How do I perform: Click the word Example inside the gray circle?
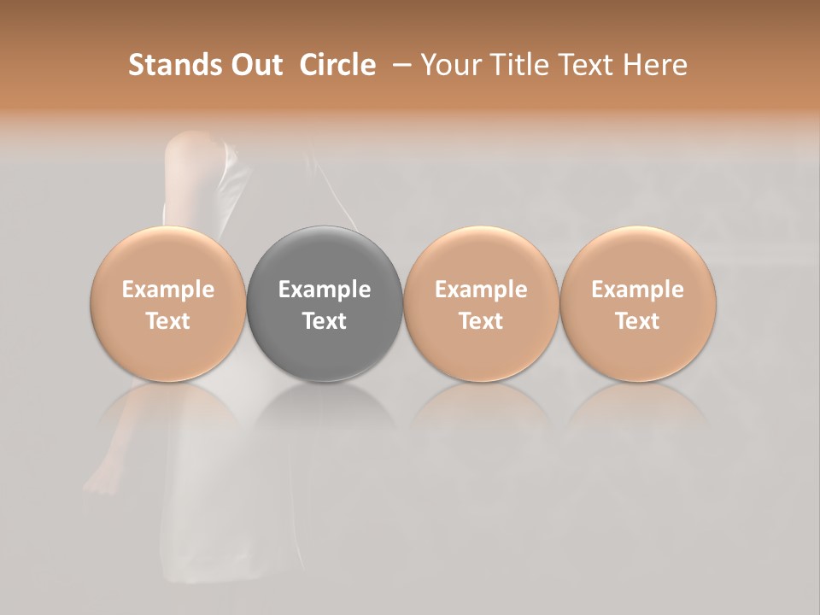[325, 290]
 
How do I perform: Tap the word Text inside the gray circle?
[325, 321]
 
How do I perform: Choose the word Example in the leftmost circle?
[167, 290]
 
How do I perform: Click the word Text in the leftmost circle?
[167, 321]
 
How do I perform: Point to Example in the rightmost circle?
[637, 290]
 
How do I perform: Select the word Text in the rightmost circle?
[637, 321]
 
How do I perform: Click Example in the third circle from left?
[481, 290]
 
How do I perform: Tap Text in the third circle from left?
[481, 321]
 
